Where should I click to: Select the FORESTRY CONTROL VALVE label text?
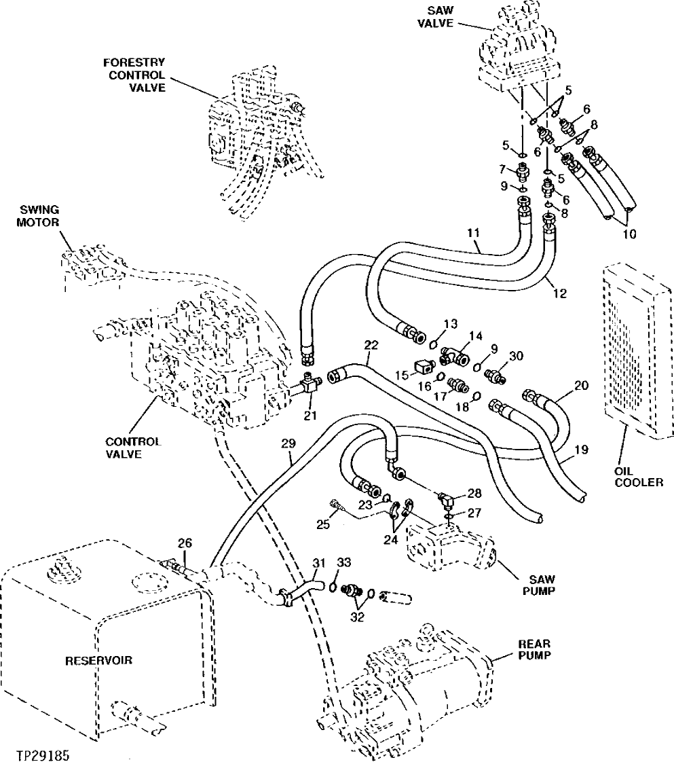(134, 75)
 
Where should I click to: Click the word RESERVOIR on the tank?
(100, 659)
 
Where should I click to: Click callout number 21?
(310, 416)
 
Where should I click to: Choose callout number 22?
(370, 345)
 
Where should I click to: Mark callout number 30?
(516, 355)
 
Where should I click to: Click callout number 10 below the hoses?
(629, 234)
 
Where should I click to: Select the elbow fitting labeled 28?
(447, 501)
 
